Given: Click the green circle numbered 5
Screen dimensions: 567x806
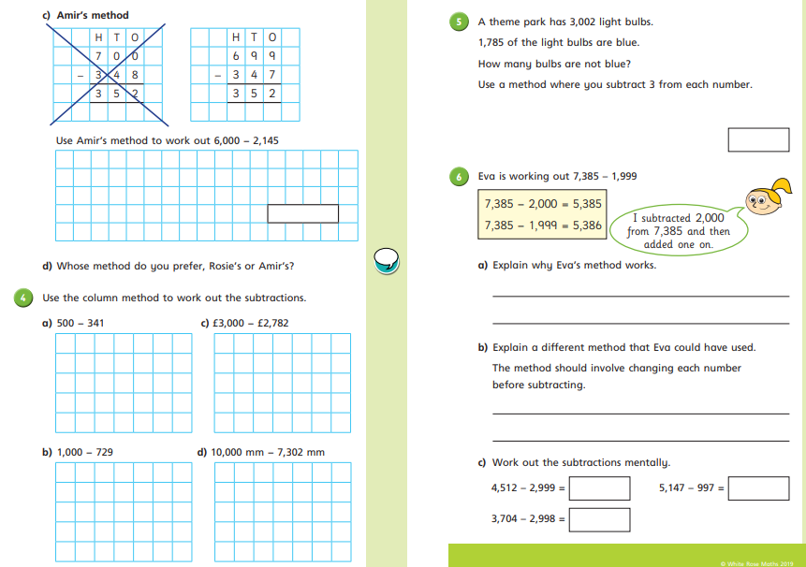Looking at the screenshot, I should (458, 22).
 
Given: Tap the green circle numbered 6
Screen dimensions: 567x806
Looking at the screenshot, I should (458, 176).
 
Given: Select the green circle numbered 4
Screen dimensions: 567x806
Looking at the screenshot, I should (22, 298).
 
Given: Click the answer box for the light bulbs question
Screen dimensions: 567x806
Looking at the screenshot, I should (758, 139).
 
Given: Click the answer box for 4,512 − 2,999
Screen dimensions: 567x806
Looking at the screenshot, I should (599, 488).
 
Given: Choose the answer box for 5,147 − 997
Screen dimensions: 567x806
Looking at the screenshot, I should (758, 488).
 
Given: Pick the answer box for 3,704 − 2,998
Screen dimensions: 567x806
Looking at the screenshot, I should (599, 519).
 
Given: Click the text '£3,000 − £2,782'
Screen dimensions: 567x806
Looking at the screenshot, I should (251, 324).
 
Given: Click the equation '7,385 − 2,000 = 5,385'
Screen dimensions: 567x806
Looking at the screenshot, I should (543, 203).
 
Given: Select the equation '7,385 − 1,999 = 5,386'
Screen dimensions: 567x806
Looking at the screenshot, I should (543, 225).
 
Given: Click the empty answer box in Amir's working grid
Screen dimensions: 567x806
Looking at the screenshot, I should (301, 213).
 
